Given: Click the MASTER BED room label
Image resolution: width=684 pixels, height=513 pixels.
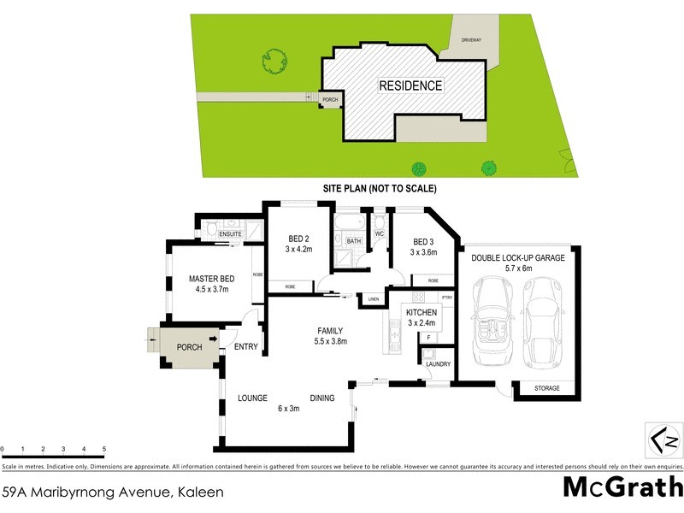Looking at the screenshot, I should coord(211,279).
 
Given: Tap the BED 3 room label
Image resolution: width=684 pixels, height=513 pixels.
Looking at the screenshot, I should coord(425,240).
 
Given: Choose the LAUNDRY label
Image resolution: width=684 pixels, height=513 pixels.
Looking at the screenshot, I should coord(438,364).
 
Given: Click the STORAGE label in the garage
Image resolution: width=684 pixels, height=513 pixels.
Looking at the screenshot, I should coord(547,388).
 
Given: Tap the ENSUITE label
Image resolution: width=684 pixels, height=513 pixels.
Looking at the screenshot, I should coord(232,233).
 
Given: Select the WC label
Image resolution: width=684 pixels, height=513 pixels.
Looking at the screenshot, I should coord(380,233).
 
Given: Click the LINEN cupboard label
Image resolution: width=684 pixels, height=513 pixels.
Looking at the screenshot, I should coord(373,299).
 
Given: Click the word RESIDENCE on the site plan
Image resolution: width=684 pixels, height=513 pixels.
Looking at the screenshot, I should coord(411,85).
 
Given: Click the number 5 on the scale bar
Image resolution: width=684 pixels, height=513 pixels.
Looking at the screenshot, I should coord(103,449).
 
